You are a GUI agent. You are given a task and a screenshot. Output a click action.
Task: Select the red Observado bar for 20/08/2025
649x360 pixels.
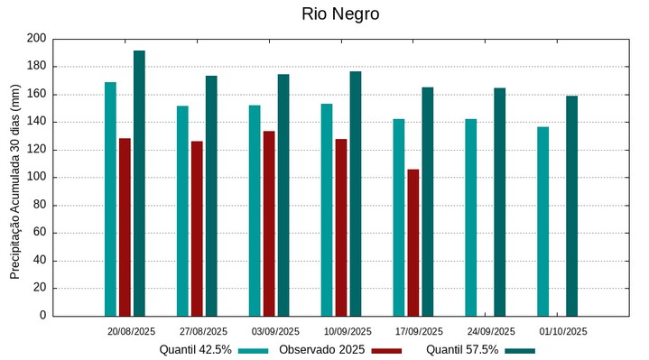click(x=125, y=226)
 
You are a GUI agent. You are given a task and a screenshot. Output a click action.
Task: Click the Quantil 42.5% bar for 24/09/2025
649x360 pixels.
click(x=470, y=217)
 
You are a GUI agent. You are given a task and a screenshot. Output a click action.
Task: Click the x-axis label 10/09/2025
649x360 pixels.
click(x=348, y=331)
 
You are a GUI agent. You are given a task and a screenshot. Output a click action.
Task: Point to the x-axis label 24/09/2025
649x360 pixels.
click(x=492, y=331)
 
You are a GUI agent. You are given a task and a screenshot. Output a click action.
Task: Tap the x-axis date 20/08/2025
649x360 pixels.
click(x=132, y=331)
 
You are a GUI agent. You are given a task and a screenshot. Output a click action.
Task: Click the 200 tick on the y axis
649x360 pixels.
click(x=36, y=39)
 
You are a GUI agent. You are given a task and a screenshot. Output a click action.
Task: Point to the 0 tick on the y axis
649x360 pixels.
click(x=42, y=316)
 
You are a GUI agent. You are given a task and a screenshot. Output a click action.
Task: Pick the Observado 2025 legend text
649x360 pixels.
click(x=322, y=349)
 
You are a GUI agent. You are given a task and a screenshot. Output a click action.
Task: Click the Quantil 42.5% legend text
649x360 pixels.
click(x=196, y=349)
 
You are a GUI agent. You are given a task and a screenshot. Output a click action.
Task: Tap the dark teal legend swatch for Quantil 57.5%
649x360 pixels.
click(x=520, y=350)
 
